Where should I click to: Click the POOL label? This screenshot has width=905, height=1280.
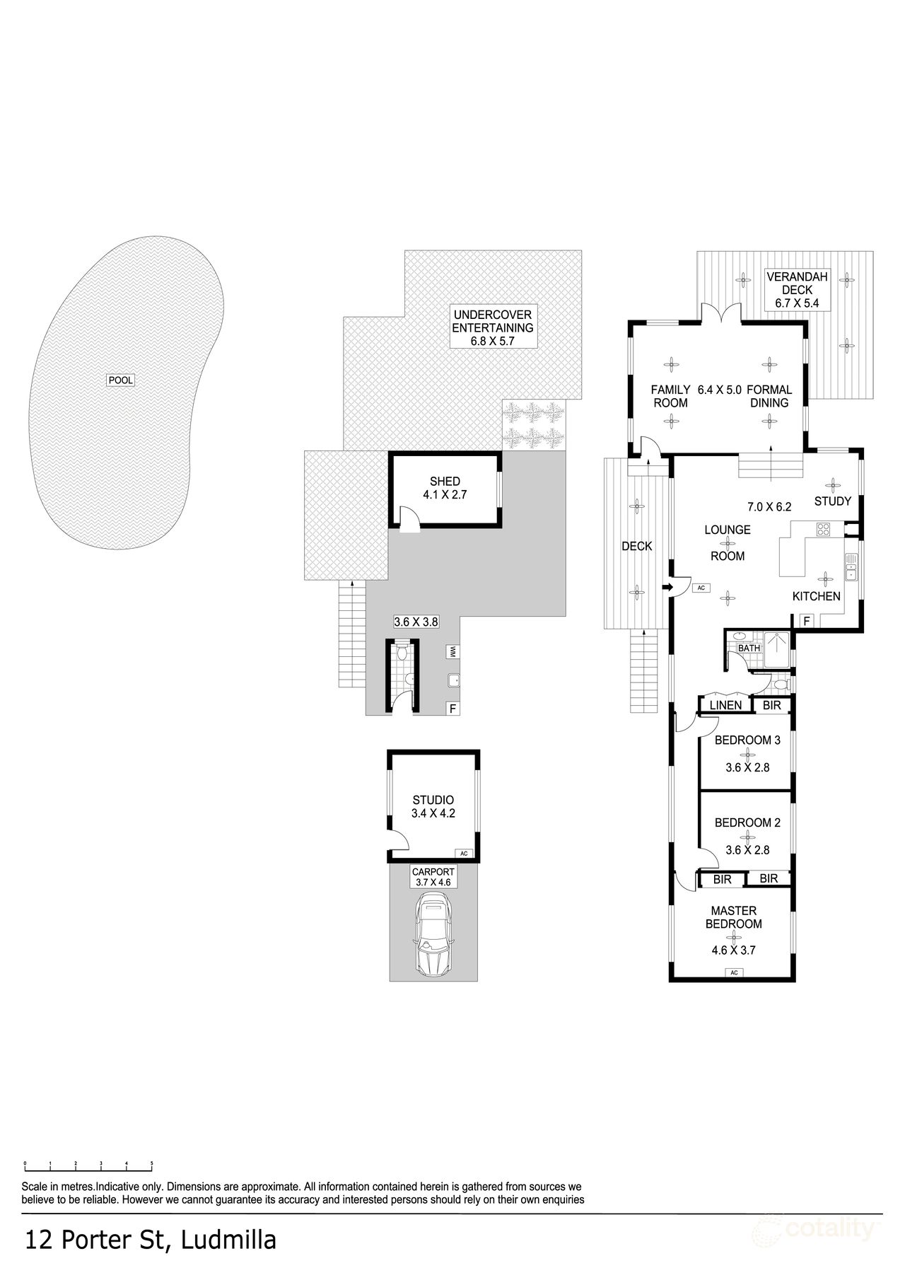(x=120, y=380)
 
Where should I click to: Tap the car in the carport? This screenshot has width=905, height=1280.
(x=433, y=933)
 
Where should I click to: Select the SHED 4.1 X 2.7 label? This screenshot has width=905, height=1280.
(x=445, y=489)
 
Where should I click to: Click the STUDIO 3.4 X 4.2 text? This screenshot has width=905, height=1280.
(x=433, y=807)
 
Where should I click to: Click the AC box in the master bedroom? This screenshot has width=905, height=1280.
(x=734, y=972)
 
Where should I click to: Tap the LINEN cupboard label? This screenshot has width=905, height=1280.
(x=725, y=705)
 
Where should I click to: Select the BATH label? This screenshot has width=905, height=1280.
(x=749, y=648)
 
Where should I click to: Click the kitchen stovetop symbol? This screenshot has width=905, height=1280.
(x=824, y=528)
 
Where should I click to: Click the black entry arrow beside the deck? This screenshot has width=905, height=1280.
(x=667, y=587)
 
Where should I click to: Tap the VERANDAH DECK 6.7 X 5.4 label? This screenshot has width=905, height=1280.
(x=798, y=290)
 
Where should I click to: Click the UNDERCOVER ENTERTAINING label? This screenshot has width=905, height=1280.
(x=492, y=327)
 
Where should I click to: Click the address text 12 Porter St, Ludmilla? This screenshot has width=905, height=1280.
(x=151, y=1239)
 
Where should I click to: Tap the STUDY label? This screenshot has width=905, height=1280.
(x=832, y=501)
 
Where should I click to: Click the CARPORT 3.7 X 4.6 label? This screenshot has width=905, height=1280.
(x=433, y=878)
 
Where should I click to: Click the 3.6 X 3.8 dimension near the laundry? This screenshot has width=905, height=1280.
(x=416, y=622)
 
